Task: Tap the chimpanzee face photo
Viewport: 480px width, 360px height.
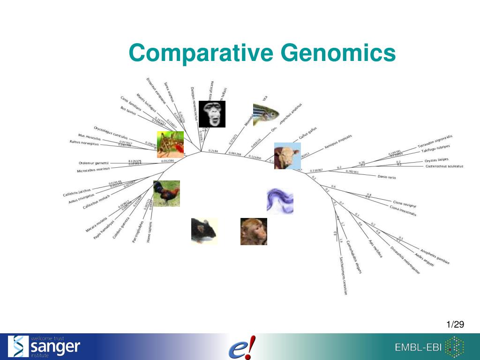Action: [x=212, y=114]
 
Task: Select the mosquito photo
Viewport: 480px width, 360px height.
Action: [x=170, y=144]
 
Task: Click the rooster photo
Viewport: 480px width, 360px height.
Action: [x=166, y=194]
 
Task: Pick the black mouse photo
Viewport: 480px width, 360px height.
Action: [x=204, y=231]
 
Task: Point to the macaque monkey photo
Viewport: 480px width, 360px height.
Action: [x=254, y=232]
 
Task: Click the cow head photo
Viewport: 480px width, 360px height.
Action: [x=287, y=156]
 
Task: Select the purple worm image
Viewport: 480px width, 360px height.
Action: [x=280, y=201]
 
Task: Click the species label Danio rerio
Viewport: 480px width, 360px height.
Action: [x=387, y=177]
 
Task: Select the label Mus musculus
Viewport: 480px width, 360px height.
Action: [x=89, y=136]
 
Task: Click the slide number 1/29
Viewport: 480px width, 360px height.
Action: [x=455, y=325]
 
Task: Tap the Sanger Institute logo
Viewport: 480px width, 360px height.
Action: [x=45, y=346]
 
